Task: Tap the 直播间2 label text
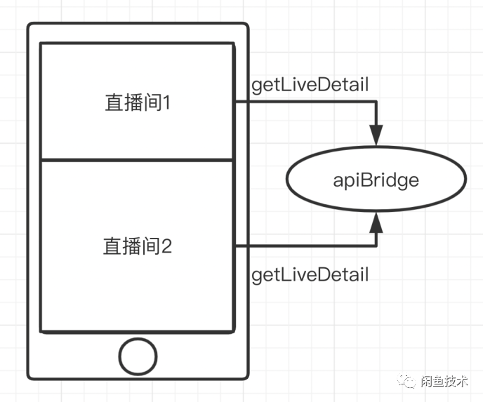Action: point(138,246)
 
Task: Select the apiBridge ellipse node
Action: point(376,180)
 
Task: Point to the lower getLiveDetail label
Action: point(310,274)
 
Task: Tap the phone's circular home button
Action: point(138,356)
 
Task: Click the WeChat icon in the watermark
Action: point(408,381)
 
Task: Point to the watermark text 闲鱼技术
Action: point(446,381)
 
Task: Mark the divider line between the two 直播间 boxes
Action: point(137,160)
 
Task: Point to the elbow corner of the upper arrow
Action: point(377,102)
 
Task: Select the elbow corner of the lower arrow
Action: point(377,246)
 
